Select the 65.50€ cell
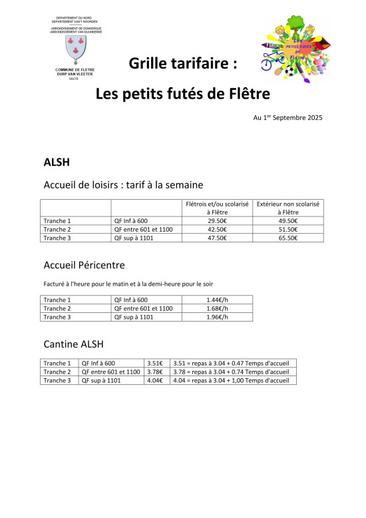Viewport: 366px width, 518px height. pyautogui.click(x=288, y=238)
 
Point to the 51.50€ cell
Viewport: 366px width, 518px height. pyautogui.click(x=288, y=229)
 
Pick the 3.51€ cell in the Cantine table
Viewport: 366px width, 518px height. pyautogui.click(x=156, y=363)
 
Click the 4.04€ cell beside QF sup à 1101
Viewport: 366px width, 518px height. pyautogui.click(x=156, y=380)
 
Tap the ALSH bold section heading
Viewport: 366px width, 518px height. pyautogui.click(x=55, y=161)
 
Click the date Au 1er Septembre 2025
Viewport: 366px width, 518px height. pyautogui.click(x=287, y=118)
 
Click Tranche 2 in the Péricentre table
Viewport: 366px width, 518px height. pyautogui.click(x=57, y=308)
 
